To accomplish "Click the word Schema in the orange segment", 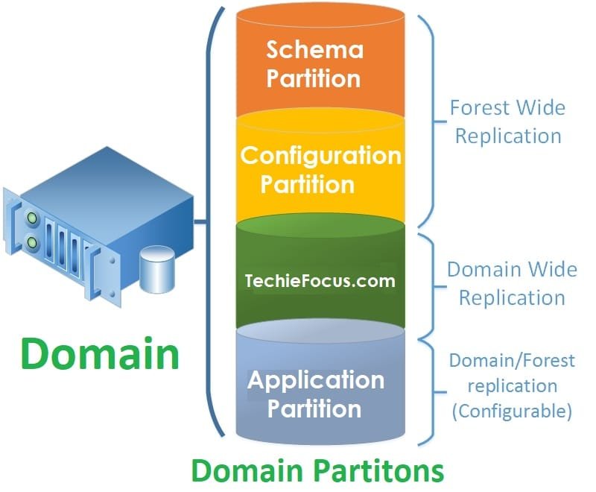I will [x=314, y=51].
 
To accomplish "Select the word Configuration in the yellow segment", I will [x=320, y=156].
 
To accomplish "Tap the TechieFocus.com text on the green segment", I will [x=320, y=281].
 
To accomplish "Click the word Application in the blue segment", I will [x=316, y=381].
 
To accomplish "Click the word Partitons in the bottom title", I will [x=380, y=470].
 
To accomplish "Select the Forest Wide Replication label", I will [x=508, y=122].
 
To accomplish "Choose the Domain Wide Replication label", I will [x=512, y=283].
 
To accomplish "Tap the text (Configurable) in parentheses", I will [x=511, y=411].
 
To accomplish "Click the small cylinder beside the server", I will [x=158, y=270].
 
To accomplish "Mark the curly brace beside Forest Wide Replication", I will [x=428, y=119].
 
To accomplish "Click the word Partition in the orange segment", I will [x=314, y=78].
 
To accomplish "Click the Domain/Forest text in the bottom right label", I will [x=511, y=361].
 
